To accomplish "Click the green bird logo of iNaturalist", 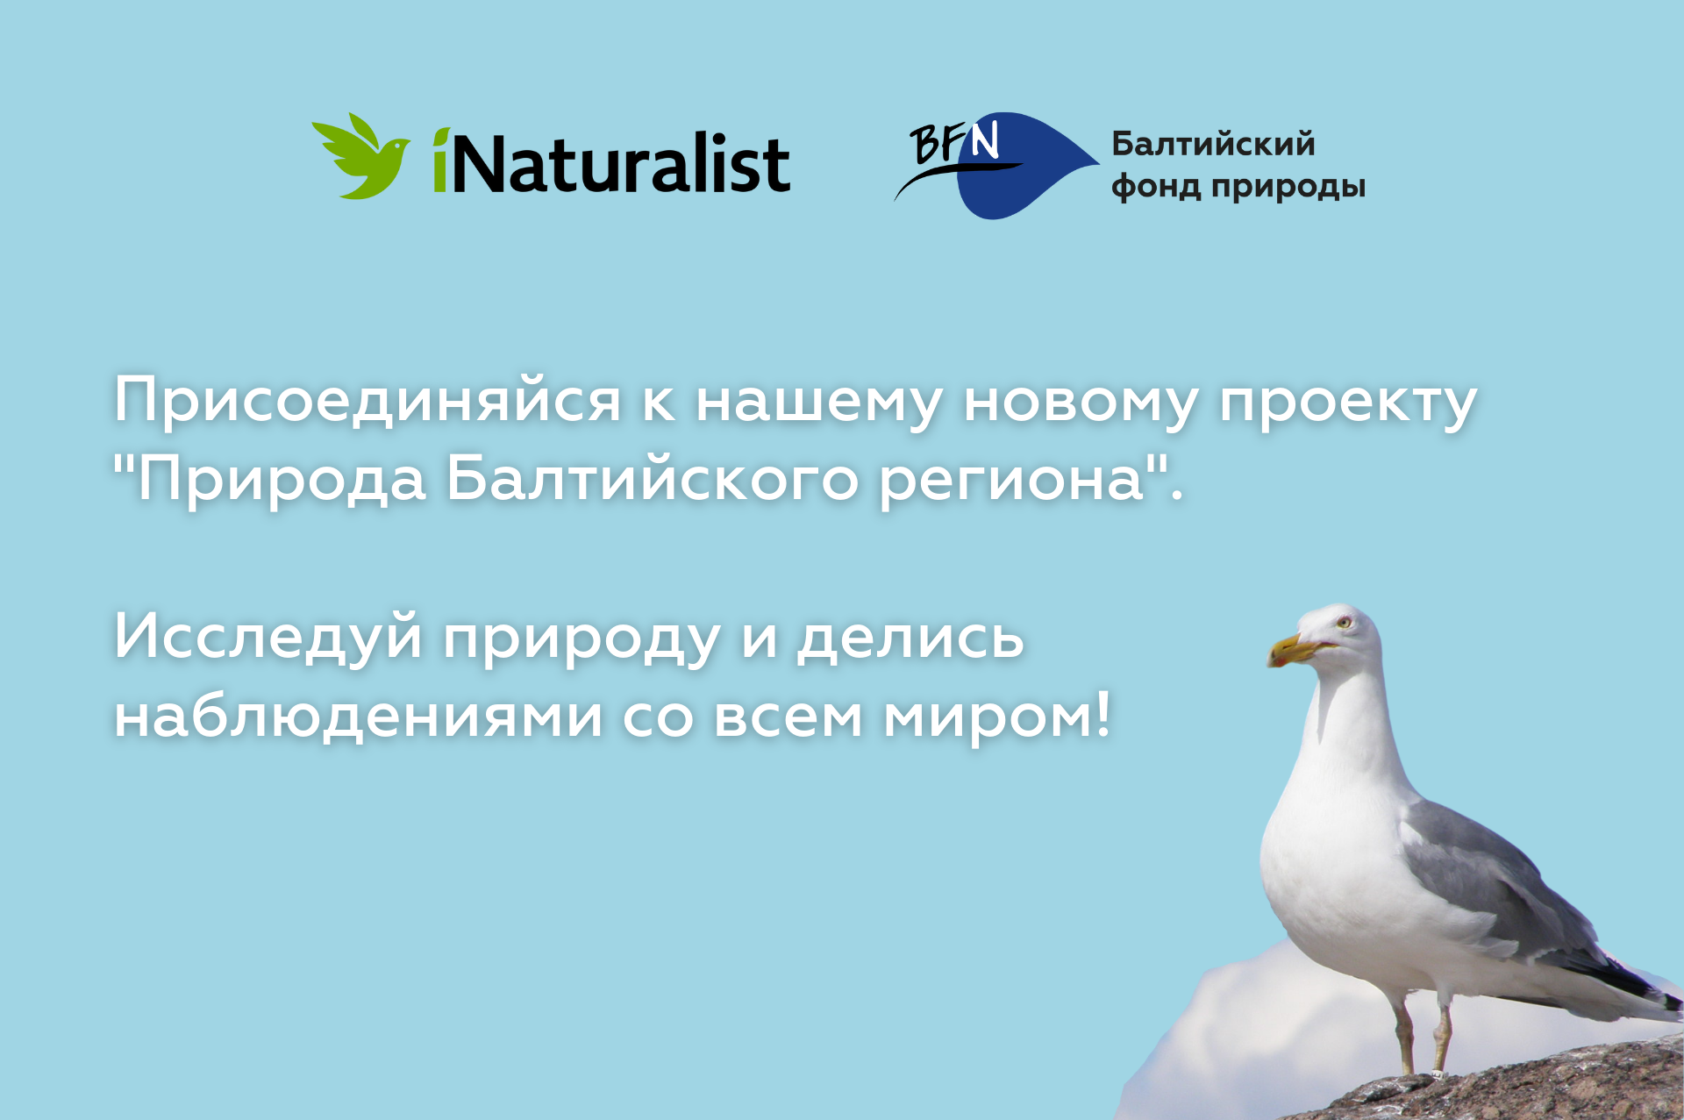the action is (360, 156).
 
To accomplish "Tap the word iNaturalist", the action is (611, 161).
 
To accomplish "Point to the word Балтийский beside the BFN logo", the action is (1213, 144).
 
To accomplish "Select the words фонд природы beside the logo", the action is (1238, 187).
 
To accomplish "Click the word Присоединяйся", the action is (367, 402).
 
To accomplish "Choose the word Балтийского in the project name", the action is (653, 480).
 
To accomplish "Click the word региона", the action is (1013, 483).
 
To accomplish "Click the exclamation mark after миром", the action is (1102, 714).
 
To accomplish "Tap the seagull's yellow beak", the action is (1299, 650).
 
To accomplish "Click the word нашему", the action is (816, 404).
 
